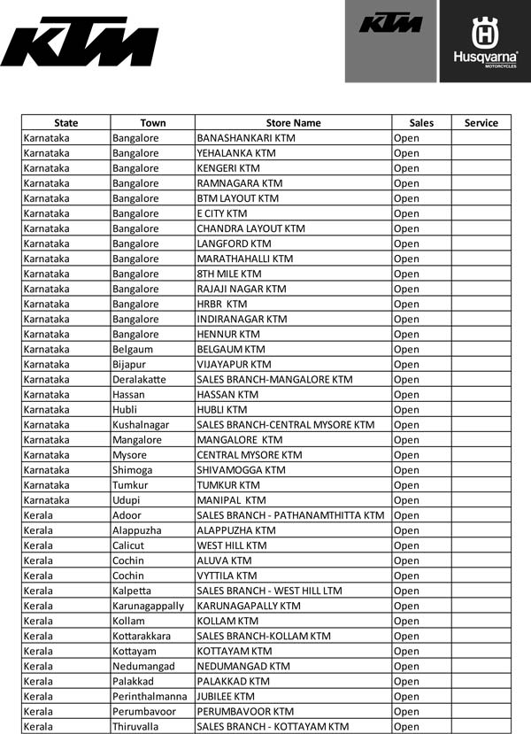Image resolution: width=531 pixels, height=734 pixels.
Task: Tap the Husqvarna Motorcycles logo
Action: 485,42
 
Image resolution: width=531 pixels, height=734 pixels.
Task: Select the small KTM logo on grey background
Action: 391,24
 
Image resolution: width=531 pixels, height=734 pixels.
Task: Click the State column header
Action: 65,123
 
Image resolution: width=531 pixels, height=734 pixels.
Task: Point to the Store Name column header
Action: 293,123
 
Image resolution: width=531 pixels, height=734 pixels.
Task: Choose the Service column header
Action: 481,123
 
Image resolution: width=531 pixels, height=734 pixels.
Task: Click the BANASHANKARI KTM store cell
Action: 246,138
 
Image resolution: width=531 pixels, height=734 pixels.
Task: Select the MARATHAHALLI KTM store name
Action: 244,259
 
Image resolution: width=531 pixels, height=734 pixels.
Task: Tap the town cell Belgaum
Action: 135,349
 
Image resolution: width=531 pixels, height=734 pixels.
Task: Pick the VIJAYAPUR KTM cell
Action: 234,364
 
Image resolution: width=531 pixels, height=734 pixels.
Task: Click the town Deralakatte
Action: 139,379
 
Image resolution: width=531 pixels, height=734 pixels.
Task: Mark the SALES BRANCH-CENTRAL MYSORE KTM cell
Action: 285,424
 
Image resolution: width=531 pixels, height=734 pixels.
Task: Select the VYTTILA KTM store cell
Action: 227,576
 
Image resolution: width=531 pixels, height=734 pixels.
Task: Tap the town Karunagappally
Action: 149,606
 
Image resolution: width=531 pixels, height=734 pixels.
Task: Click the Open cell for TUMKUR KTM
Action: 406,485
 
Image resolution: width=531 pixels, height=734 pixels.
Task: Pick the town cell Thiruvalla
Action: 138,726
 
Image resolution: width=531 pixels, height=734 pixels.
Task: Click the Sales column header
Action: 421,123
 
